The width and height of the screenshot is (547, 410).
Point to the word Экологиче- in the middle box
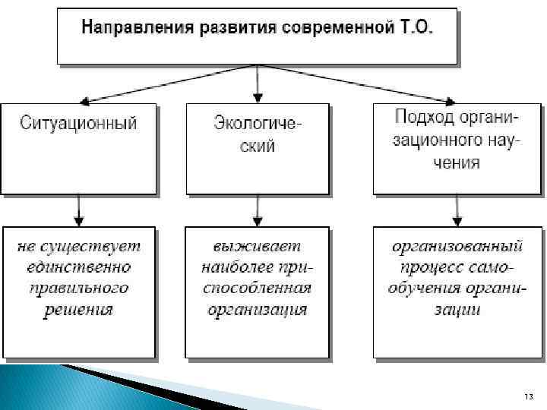point(258,122)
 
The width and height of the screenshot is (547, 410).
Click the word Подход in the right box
point(425,118)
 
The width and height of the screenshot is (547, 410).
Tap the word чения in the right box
point(457,162)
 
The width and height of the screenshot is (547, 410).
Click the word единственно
point(79,267)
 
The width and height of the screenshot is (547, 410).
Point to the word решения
point(79,309)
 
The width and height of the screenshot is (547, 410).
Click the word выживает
point(258,247)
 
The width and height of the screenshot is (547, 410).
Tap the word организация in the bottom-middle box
point(258,309)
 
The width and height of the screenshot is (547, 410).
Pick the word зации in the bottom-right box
point(457,310)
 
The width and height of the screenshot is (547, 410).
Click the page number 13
point(529,398)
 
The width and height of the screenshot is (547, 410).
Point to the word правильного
point(79,289)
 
